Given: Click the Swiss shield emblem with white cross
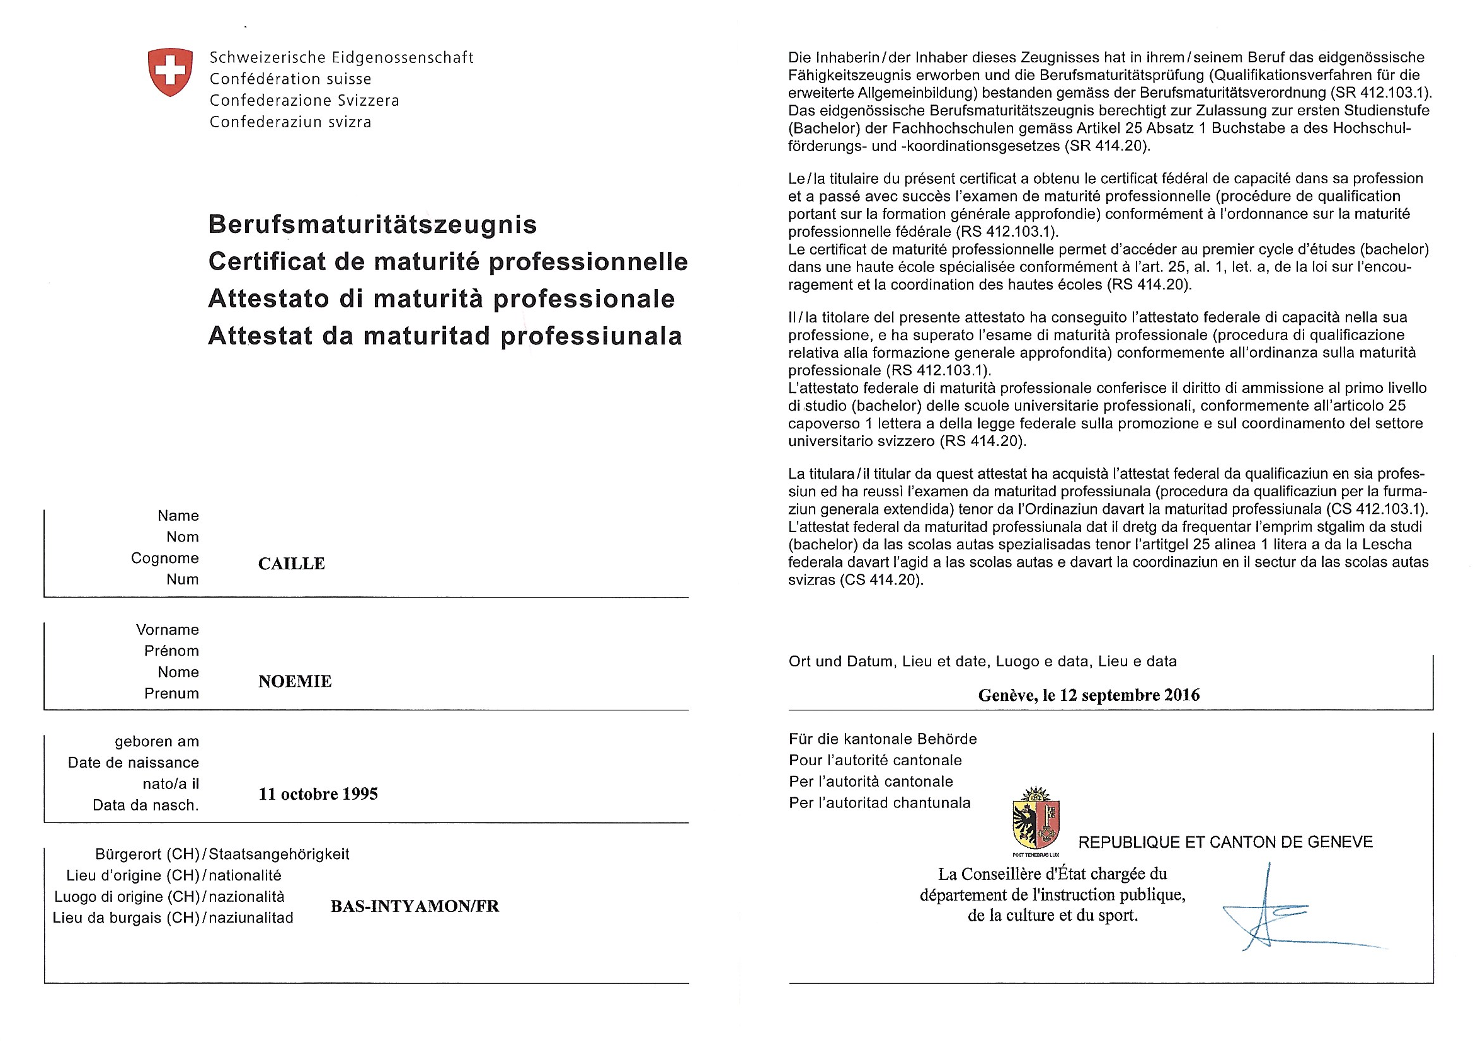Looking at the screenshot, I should pyautogui.click(x=170, y=72).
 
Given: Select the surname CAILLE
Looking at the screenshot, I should pyautogui.click(x=291, y=564).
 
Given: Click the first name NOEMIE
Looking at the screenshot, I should pyautogui.click(x=295, y=681).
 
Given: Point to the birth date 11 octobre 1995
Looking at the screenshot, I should pyautogui.click(x=318, y=794).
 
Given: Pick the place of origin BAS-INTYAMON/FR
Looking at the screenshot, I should pyautogui.click(x=415, y=906).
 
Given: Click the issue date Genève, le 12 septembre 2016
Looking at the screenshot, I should pyautogui.click(x=1089, y=695).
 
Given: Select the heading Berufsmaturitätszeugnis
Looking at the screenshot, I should pyautogui.click(x=373, y=224).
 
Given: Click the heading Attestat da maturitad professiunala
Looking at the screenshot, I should pyautogui.click(x=445, y=336).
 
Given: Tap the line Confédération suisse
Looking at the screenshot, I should pyautogui.click(x=290, y=79).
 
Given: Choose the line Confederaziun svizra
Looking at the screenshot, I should pyautogui.click(x=290, y=122).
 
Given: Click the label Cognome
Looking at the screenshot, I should pyautogui.click(x=165, y=558).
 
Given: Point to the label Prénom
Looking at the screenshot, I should pyautogui.click(x=171, y=651).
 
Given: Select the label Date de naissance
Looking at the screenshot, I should pyautogui.click(x=134, y=763).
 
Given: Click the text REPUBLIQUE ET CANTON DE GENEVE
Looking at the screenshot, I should pyautogui.click(x=1225, y=842).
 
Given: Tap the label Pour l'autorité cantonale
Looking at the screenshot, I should pyautogui.click(x=875, y=761).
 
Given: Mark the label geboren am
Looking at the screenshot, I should pyautogui.click(x=157, y=741).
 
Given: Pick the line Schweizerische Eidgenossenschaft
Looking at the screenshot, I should pyautogui.click(x=341, y=58).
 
